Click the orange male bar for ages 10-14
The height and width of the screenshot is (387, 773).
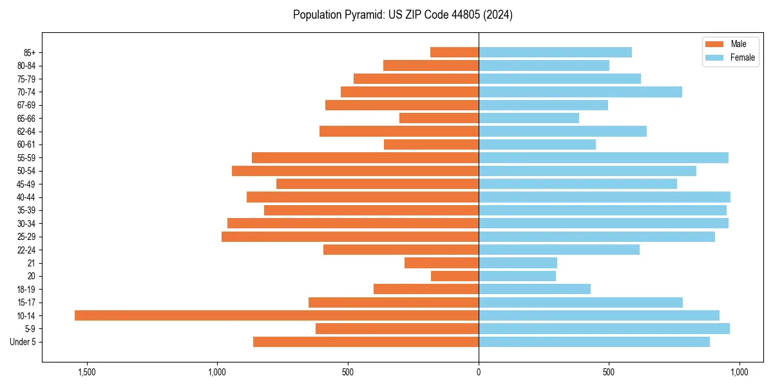click(276, 315)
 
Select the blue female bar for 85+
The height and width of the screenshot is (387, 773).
click(555, 52)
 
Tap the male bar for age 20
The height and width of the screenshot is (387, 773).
click(455, 276)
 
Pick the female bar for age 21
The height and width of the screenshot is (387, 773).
click(517, 263)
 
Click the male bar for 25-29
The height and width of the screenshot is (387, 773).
click(350, 237)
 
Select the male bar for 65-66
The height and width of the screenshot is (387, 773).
click(439, 118)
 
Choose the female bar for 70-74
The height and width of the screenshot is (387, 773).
click(580, 92)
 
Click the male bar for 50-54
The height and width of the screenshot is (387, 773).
click(355, 171)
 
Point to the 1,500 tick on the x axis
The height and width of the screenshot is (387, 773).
click(86, 372)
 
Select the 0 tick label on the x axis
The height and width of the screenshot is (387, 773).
click(479, 372)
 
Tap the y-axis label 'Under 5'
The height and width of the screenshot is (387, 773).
click(23, 342)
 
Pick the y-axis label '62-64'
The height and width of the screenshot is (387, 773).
click(26, 132)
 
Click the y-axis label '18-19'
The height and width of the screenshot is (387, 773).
click(26, 290)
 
